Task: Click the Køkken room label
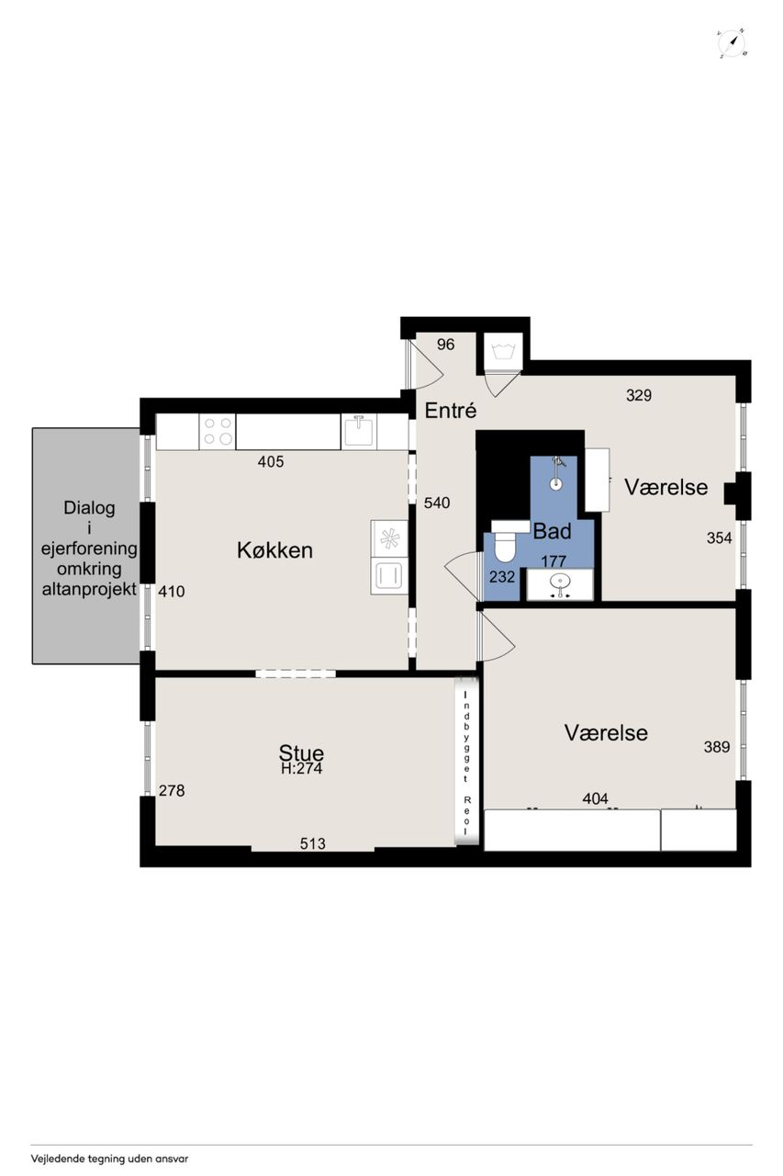point(274,550)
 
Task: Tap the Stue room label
point(301,752)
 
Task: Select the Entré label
point(451,411)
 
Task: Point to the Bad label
point(552,531)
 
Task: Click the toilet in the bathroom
point(506,540)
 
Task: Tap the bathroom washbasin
point(560,583)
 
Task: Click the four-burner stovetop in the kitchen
point(218,432)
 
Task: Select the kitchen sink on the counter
point(359,431)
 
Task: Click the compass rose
point(733,43)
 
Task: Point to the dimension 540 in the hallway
point(437,503)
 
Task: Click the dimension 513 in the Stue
point(313,843)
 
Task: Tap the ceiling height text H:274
point(302,769)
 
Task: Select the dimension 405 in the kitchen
point(271,461)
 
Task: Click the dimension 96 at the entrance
point(445,345)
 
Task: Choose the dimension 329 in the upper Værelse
point(639,395)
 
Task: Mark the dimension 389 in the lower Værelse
point(716,747)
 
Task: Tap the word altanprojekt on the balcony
point(89,590)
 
